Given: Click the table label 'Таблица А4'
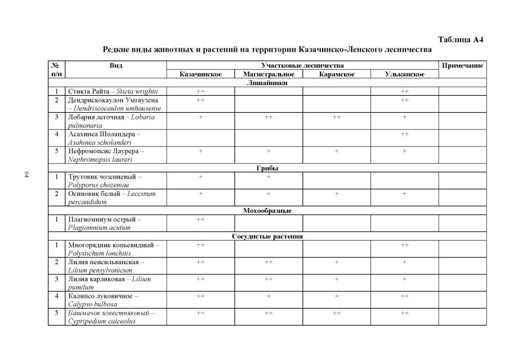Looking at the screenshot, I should pos(461,39).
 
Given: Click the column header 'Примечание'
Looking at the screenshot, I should pos(462,66).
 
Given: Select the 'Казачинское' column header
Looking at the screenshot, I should pos(200,74).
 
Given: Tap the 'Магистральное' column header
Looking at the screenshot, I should pos(269,74).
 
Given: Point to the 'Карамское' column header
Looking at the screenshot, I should pos(337,74).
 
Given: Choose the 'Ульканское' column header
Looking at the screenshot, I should pos(404,74).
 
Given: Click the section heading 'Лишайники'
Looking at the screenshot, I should pos(267,83).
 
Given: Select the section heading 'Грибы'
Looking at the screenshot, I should pos(267,168).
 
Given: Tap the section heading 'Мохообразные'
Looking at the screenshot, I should pos(267,211).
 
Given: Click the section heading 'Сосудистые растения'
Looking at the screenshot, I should pos(267,237).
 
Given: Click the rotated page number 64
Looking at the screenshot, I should pos(26,175).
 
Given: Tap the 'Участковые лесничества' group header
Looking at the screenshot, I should pos(302,66).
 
